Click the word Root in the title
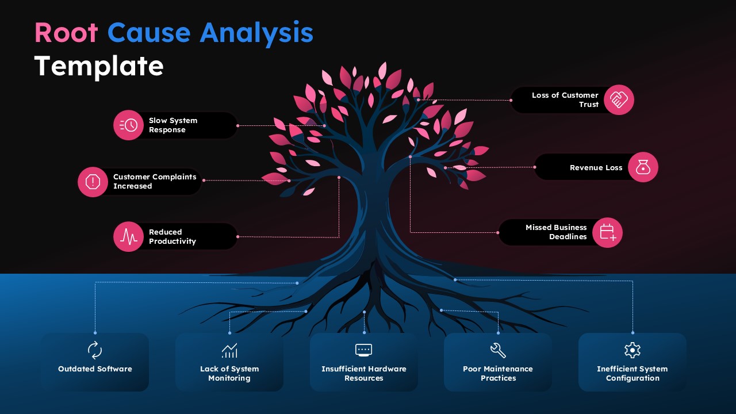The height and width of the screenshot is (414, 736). point(66,33)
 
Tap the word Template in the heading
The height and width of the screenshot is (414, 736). point(99,66)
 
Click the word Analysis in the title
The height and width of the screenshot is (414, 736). point(256,33)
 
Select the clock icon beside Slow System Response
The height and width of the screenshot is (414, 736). point(128,125)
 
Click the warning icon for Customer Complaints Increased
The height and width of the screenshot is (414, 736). point(93,182)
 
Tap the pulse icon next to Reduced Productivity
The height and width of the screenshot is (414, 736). point(128,237)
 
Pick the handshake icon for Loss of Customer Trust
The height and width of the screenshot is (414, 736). point(619,100)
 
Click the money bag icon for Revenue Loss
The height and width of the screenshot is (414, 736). point(643,168)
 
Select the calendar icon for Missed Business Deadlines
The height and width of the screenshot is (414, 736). point(607,232)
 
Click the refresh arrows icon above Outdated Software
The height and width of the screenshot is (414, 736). point(95,350)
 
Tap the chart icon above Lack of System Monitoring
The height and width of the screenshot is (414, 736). point(229,350)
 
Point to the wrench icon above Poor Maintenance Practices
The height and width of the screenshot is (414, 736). point(498,350)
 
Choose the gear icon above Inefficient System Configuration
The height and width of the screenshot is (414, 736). point(632,350)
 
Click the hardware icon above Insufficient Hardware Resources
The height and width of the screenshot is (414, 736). point(364,350)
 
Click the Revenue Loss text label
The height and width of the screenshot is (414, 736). point(596,168)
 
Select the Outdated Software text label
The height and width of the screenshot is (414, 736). point(95,369)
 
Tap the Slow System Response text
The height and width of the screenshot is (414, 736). point(173,125)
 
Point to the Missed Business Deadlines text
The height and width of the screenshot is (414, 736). point(556,232)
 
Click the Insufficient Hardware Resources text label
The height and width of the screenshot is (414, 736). point(364,374)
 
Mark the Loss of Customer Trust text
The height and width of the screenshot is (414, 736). point(565,100)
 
